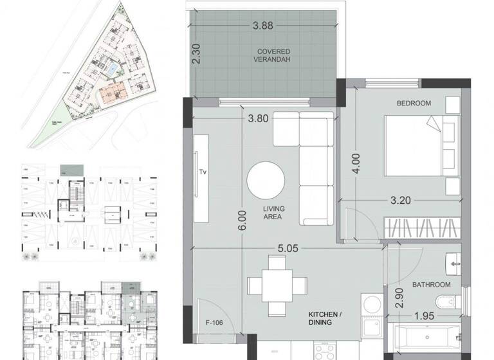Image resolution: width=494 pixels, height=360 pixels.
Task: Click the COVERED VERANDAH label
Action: click(273, 55)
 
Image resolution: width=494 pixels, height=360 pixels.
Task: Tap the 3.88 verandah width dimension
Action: click(264, 27)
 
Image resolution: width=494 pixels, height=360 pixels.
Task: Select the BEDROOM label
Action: click(413, 103)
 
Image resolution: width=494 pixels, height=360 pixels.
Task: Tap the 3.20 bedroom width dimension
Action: click(400, 200)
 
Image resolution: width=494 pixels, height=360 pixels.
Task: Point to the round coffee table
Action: click(266, 179)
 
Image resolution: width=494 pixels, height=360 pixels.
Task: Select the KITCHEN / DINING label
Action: click(320, 318)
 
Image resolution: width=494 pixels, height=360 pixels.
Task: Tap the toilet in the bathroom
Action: click(447, 301)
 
